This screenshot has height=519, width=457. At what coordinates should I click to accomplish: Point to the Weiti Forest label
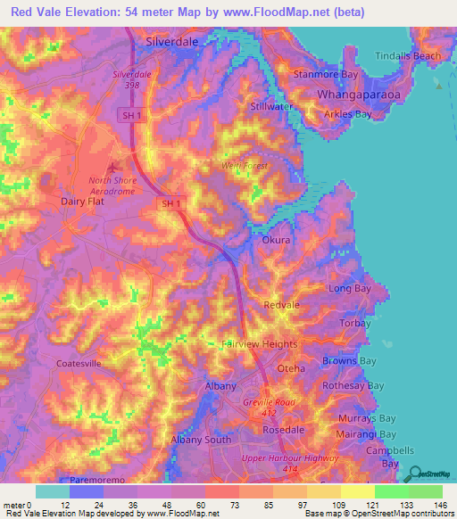coord(245,165)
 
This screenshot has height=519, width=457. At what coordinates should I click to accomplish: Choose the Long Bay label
coord(350,289)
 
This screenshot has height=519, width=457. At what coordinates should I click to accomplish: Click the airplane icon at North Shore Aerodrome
coord(112,167)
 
